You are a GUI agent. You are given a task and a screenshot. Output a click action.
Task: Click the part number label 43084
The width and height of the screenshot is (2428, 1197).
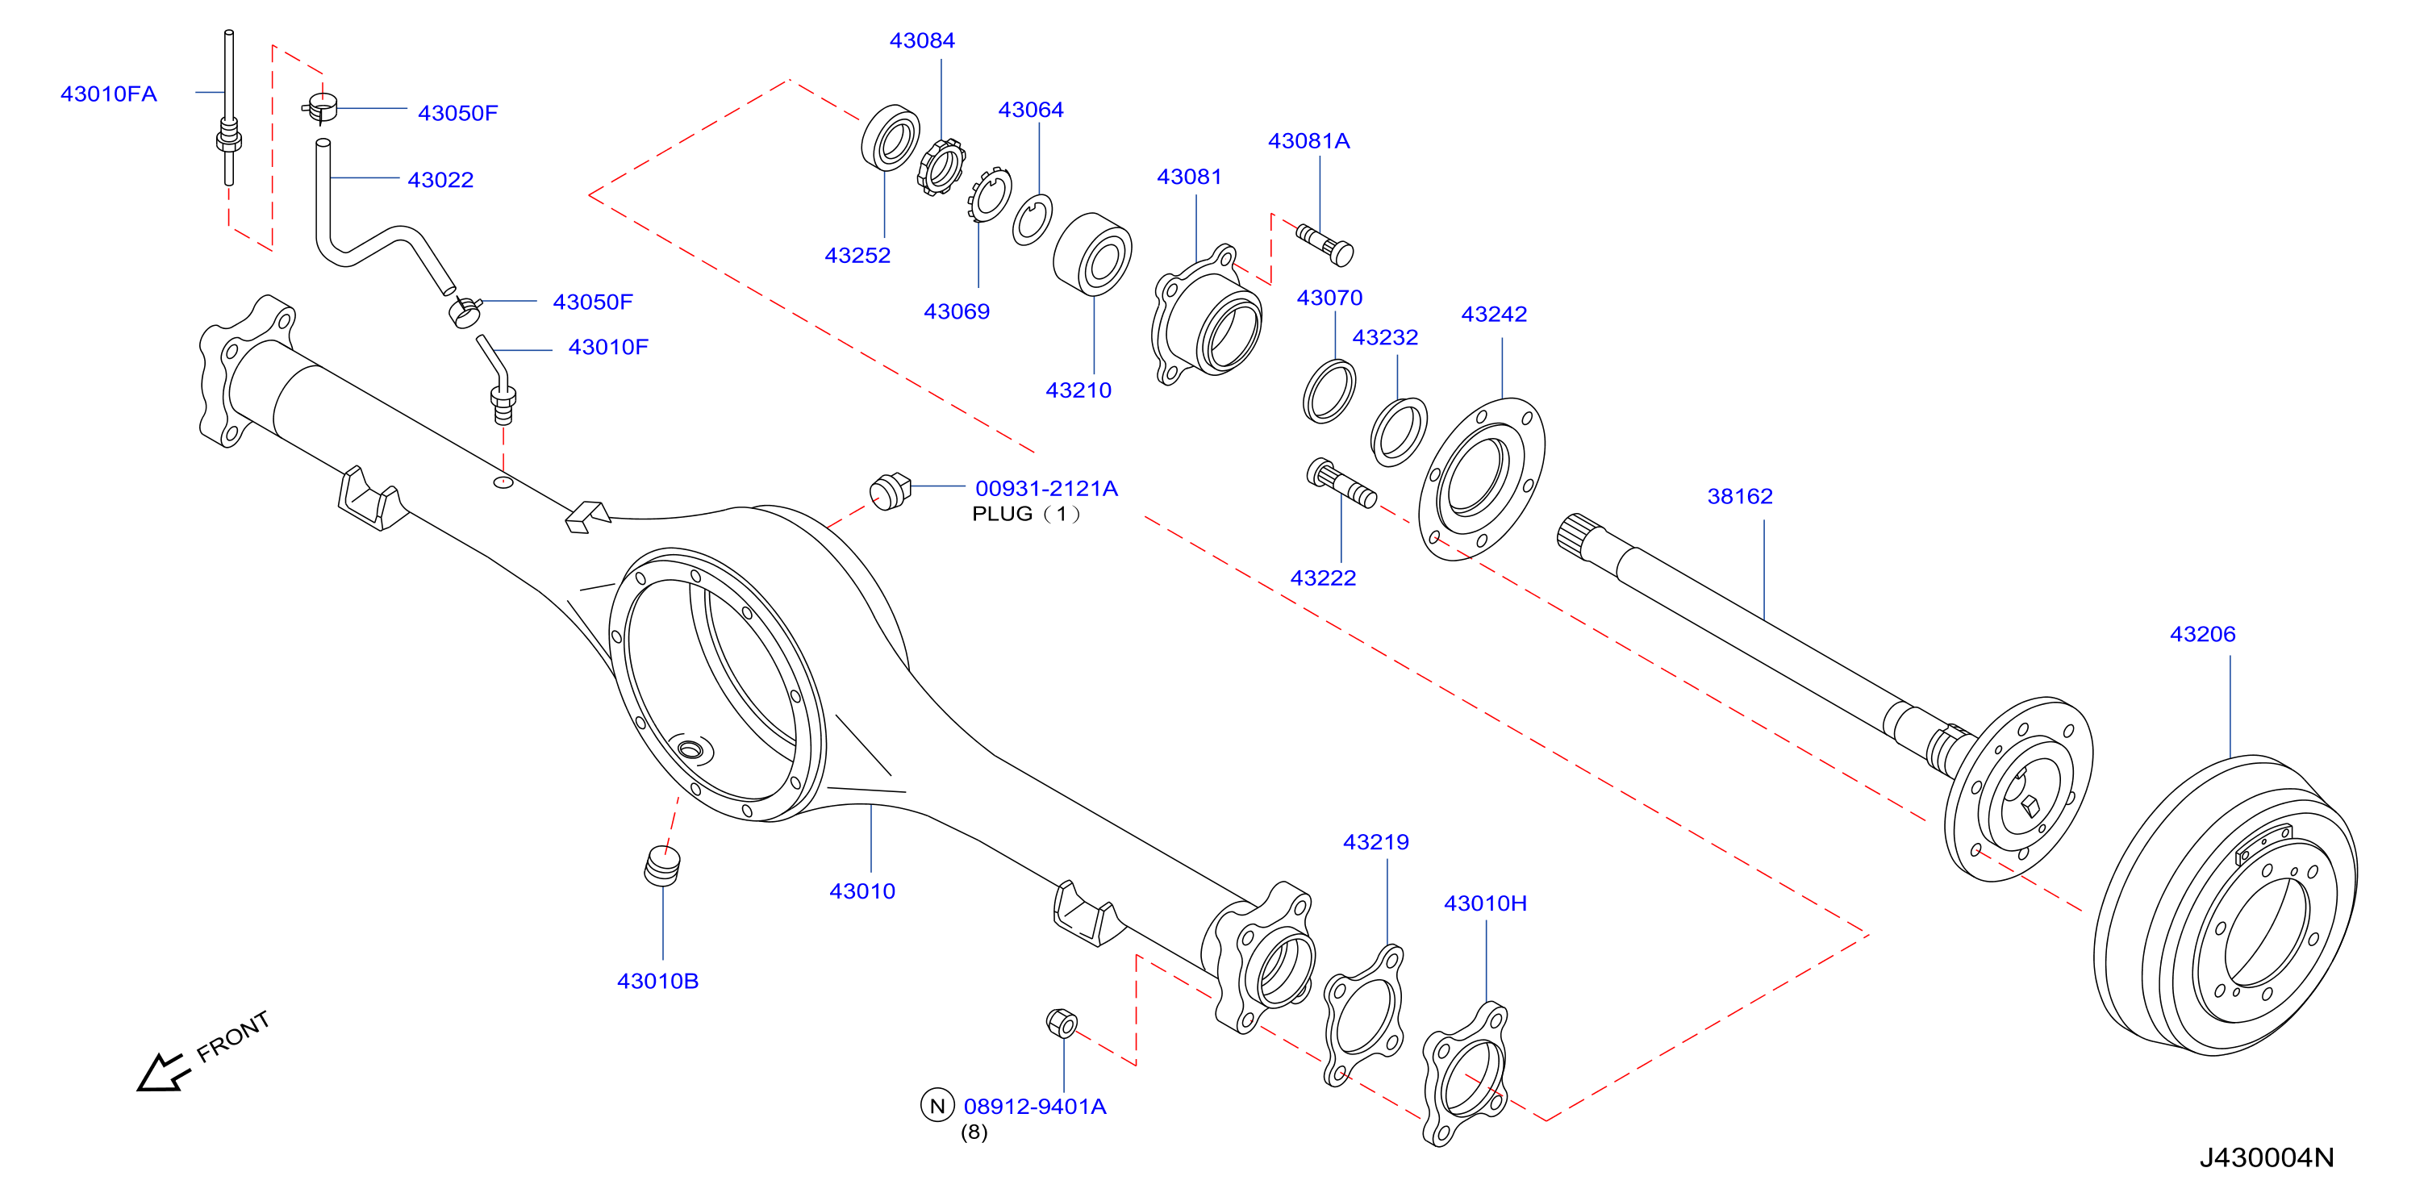tap(922, 40)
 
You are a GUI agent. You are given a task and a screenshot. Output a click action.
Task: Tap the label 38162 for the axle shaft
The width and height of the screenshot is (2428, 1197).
tap(1740, 496)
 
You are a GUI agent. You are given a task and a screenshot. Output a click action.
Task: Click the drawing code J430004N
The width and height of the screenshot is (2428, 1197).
tap(2267, 1157)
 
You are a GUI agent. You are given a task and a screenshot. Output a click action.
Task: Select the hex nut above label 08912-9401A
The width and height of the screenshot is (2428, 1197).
tap(1062, 1024)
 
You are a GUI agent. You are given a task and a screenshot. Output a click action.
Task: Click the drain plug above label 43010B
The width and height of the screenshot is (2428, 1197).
tap(661, 866)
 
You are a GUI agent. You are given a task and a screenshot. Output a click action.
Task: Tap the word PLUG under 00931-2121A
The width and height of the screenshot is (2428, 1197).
tap(1002, 514)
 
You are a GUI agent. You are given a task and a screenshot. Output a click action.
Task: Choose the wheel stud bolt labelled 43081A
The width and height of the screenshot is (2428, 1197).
tap(1325, 244)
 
